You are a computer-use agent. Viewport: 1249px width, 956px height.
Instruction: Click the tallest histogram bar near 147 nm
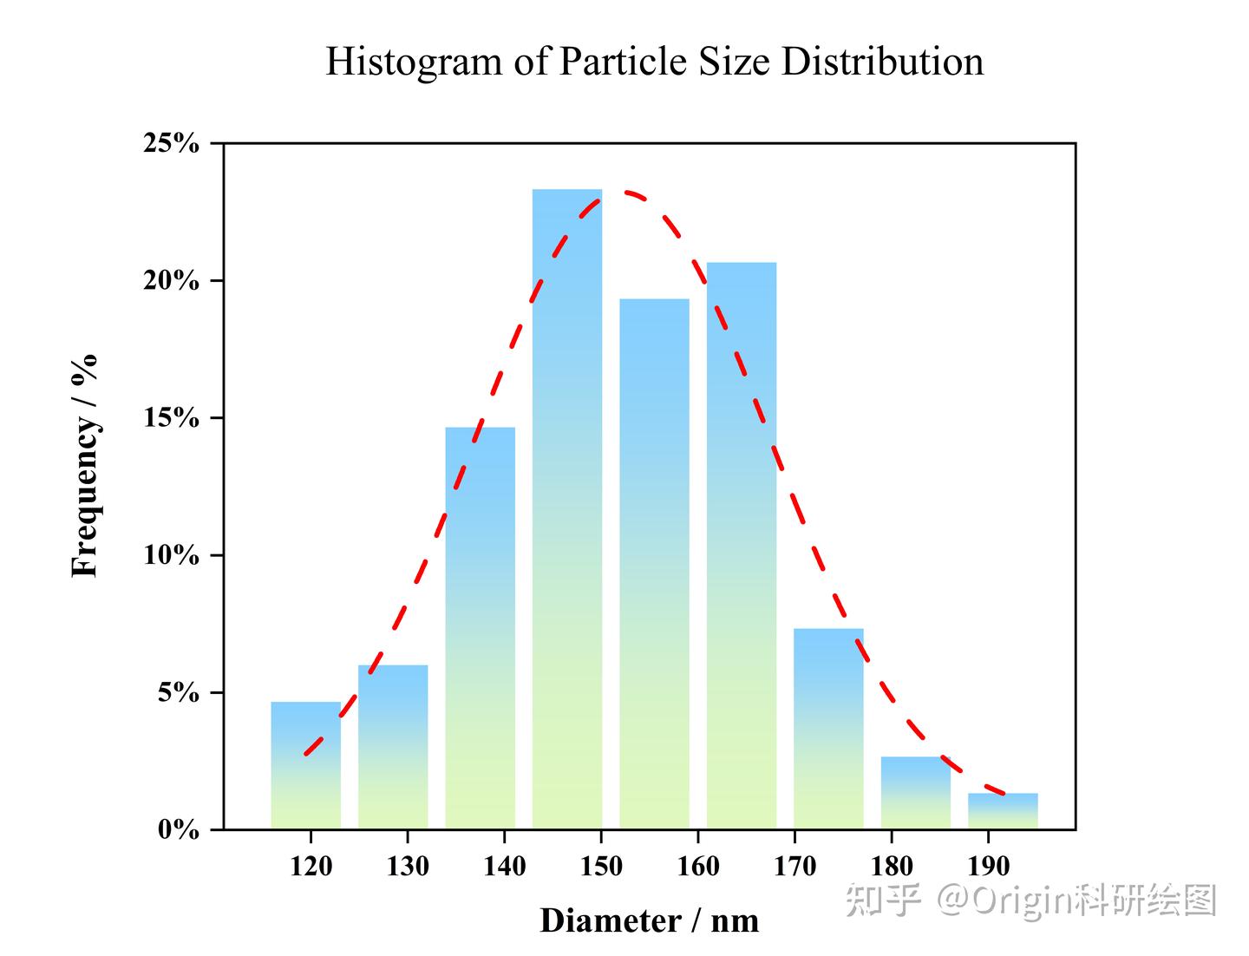(566, 508)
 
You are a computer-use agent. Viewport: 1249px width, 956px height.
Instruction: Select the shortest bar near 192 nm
(1003, 811)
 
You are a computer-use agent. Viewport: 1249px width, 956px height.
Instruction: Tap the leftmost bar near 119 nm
(305, 765)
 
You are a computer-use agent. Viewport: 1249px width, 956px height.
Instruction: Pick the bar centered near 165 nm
(742, 546)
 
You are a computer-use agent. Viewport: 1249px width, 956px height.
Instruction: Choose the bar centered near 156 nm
(654, 564)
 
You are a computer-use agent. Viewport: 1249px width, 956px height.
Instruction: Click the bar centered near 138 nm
(481, 628)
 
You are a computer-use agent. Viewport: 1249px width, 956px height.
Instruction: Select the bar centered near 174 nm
(828, 729)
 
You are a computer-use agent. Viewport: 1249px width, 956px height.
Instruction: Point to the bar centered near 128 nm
(393, 747)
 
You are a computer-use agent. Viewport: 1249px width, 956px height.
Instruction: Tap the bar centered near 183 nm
(916, 793)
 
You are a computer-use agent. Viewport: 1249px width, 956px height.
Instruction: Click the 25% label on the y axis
(171, 143)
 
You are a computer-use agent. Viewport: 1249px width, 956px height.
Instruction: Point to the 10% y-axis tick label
(171, 555)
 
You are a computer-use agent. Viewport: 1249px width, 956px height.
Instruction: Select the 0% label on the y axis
(179, 829)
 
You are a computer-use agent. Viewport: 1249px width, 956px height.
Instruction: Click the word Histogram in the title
(414, 62)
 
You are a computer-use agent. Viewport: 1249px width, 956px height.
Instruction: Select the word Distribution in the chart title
(883, 61)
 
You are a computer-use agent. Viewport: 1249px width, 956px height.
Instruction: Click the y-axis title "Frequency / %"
(85, 466)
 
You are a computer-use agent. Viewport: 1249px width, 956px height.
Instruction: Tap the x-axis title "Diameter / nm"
(650, 920)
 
